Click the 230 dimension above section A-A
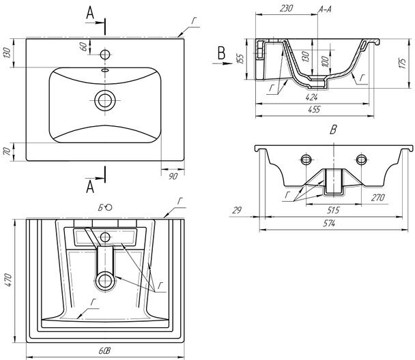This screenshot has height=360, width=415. click(286, 7)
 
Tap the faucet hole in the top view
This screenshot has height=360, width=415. click(104, 53)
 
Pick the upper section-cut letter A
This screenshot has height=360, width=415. click(91, 12)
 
